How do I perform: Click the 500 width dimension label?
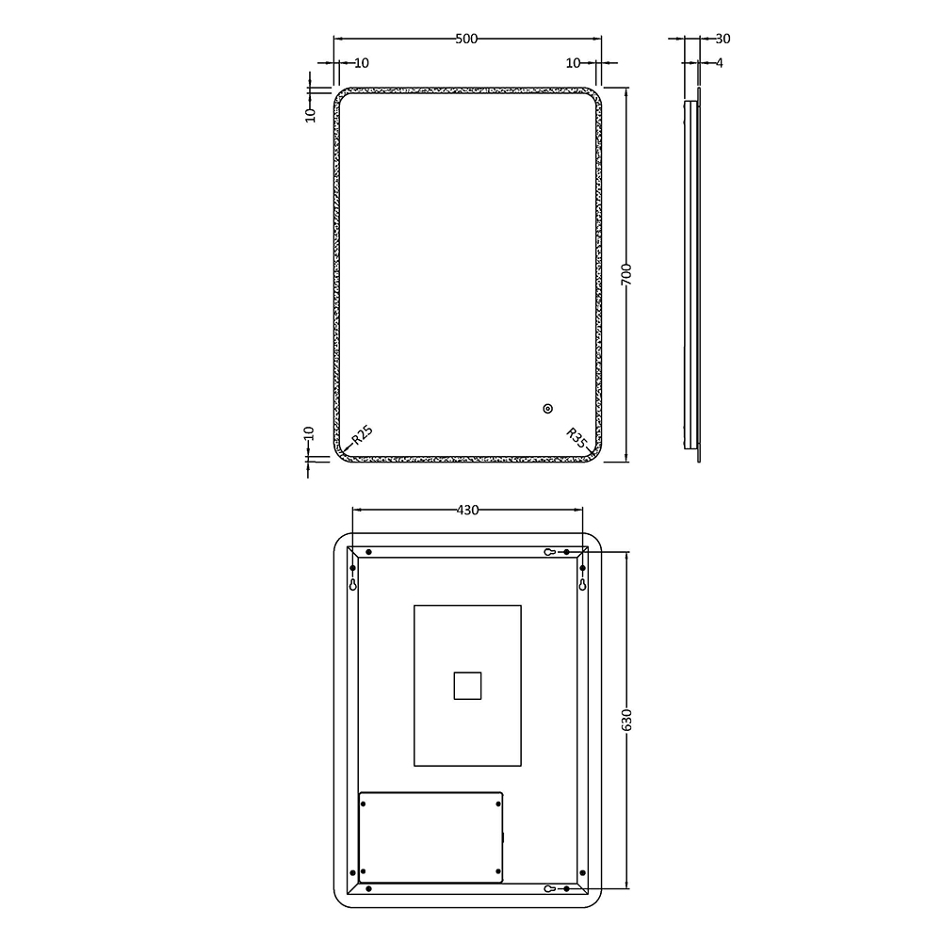467,39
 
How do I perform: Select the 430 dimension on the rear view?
467,511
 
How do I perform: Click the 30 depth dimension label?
723,39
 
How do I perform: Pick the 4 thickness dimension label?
720,63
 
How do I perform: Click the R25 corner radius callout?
362,435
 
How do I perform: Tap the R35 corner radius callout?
577,437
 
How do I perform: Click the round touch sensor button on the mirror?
547,409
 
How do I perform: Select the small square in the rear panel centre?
467,685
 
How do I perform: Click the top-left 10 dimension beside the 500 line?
362,63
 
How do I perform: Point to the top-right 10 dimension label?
573,63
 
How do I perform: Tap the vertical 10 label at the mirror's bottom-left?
309,435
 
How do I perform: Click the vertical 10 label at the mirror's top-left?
309,114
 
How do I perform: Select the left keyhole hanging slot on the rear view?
353,584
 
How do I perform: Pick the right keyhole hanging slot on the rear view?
583,584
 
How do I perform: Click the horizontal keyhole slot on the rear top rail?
550,551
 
